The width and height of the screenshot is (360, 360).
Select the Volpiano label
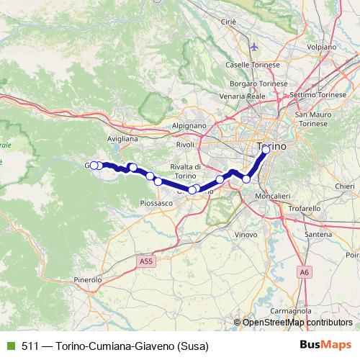321,47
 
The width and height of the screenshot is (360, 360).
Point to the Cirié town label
229,22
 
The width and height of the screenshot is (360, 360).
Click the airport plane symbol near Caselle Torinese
253,48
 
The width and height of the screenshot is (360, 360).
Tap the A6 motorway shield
304,272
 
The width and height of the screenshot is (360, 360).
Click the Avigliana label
122,138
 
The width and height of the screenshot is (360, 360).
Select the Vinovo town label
246,235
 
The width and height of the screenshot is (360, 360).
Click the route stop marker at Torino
266,150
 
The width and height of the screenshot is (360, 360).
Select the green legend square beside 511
9,345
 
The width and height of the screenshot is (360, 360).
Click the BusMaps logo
324,345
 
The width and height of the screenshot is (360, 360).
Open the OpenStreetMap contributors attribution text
297,322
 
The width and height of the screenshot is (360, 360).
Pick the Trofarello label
304,209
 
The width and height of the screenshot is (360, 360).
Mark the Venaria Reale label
242,95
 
